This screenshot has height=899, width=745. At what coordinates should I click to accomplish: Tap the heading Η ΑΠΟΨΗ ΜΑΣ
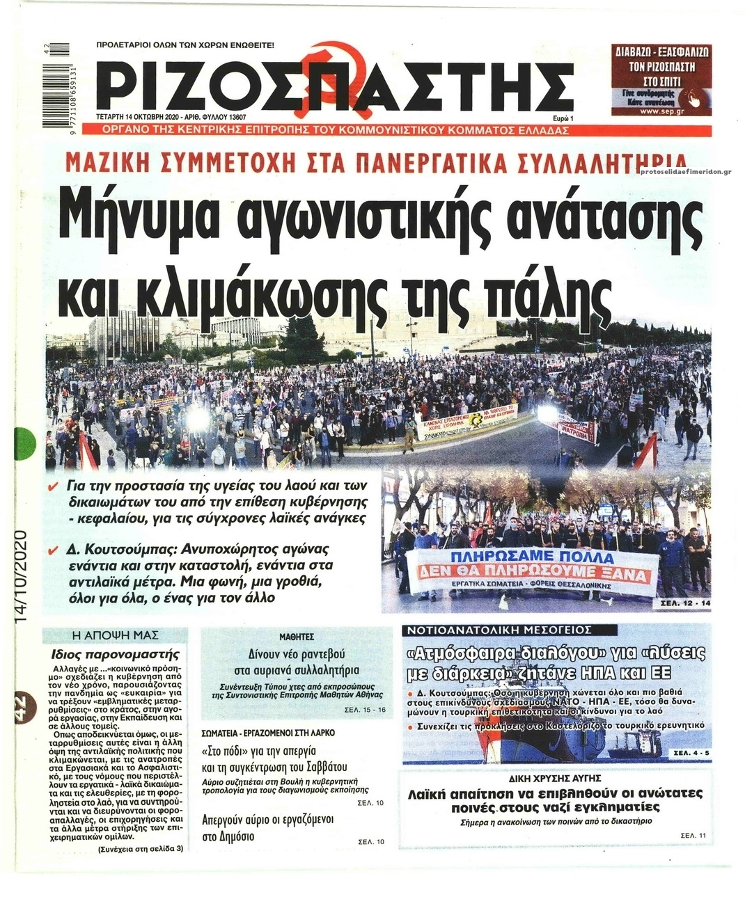(116, 635)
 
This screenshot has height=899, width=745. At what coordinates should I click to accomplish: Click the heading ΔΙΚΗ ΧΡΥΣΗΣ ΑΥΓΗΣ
(555, 778)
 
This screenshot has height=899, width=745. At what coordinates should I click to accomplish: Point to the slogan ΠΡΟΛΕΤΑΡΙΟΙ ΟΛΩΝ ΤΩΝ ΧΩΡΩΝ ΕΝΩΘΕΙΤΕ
(185, 45)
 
